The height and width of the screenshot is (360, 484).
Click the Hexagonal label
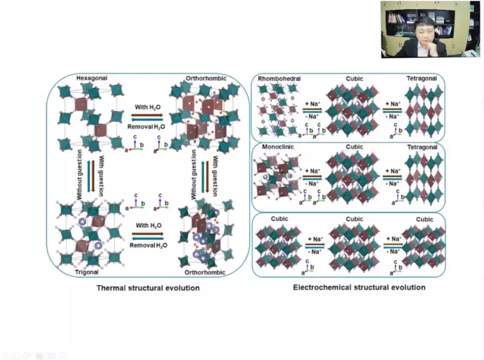[x=92, y=78]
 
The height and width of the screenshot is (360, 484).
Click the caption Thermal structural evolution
[x=148, y=287]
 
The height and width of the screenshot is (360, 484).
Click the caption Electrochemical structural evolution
[x=359, y=287]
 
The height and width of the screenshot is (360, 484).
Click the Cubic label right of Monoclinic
[x=354, y=148]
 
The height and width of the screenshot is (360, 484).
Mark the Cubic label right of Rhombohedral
[x=354, y=79]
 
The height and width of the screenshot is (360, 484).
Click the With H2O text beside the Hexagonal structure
[x=148, y=107]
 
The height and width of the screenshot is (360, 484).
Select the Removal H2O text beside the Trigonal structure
[x=147, y=245]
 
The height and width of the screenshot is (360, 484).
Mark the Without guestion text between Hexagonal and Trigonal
[x=79, y=175]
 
